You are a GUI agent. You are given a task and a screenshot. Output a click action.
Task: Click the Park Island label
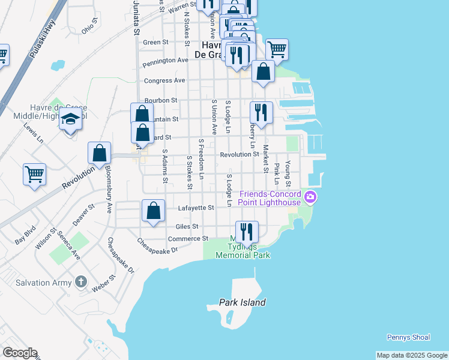coord(243,303)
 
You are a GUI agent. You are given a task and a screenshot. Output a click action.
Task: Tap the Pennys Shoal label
coord(408,337)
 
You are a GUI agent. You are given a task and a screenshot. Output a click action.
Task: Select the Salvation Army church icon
coord(82,282)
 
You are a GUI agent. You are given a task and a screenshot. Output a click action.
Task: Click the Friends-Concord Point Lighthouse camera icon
coord(310,197)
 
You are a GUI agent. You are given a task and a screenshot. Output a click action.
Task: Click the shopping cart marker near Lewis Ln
coord(35,175)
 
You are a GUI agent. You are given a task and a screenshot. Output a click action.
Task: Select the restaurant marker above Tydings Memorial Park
coord(246,231)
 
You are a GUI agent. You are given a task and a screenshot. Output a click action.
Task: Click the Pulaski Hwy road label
coord(34,46)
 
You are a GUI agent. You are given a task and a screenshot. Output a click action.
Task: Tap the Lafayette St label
coord(196,208)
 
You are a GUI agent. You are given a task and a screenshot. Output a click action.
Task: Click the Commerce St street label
coord(184,239)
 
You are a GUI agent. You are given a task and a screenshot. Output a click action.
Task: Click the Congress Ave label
coord(164,80)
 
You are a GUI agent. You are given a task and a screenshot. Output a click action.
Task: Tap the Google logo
coord(19,353)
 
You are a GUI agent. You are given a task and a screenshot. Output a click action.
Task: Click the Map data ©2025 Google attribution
coord(411,355)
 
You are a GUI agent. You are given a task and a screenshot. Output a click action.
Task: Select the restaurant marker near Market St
coord(261,112)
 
